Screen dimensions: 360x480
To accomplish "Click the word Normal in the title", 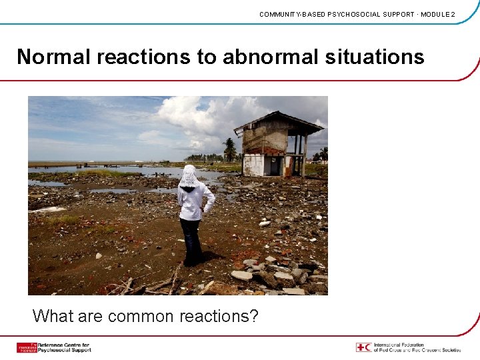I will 54,57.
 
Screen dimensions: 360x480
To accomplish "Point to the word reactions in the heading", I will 143,57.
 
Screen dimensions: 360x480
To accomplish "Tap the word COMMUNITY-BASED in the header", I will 293,14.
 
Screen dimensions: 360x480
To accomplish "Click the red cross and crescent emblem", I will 363,347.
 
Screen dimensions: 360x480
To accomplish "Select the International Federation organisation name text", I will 417,347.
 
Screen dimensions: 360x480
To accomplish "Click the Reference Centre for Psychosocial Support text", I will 64,347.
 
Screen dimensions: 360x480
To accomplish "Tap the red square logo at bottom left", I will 26,347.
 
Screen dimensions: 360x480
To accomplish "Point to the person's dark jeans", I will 192,240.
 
